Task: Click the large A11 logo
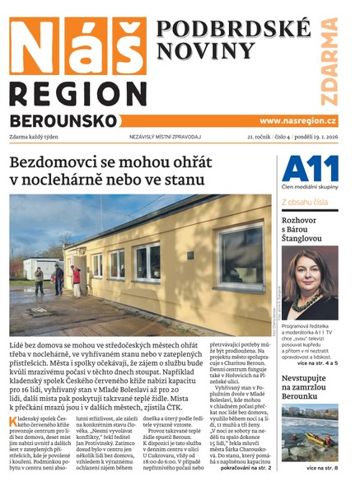(310, 170)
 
